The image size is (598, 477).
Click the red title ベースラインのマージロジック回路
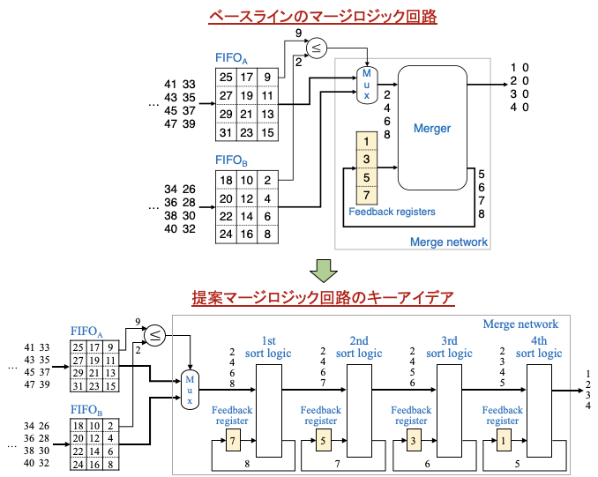pyautogui.click(x=322, y=17)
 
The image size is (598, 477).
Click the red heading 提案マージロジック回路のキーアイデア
pyautogui.click(x=323, y=298)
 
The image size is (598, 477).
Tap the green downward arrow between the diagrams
pyautogui.click(x=324, y=269)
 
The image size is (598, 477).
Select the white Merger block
pyautogui.click(x=431, y=128)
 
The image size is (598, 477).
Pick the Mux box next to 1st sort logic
pyautogui.click(x=189, y=390)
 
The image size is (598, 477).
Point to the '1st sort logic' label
pyautogui.click(x=268, y=347)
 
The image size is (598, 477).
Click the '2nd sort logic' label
pyautogui.click(x=359, y=347)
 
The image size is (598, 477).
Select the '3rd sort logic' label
pyautogui.click(x=449, y=347)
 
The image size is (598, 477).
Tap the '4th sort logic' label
pyautogui.click(x=539, y=347)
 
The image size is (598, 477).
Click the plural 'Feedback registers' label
pyautogui.click(x=392, y=212)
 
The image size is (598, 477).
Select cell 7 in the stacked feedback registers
pyautogui.click(x=367, y=196)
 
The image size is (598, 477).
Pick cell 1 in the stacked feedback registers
pyautogui.click(x=367, y=141)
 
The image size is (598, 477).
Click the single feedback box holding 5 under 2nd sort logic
pyautogui.click(x=323, y=440)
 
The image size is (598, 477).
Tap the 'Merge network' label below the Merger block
pyautogui.click(x=448, y=242)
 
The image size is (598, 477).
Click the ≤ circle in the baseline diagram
pyautogui.click(x=316, y=48)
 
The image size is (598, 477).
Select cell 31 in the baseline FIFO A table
pyautogui.click(x=226, y=132)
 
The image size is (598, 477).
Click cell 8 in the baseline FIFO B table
pyautogui.click(x=266, y=235)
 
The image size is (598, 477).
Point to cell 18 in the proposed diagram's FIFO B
pyautogui.click(x=78, y=425)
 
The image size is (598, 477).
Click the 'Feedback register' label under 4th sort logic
pyautogui.click(x=502, y=415)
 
